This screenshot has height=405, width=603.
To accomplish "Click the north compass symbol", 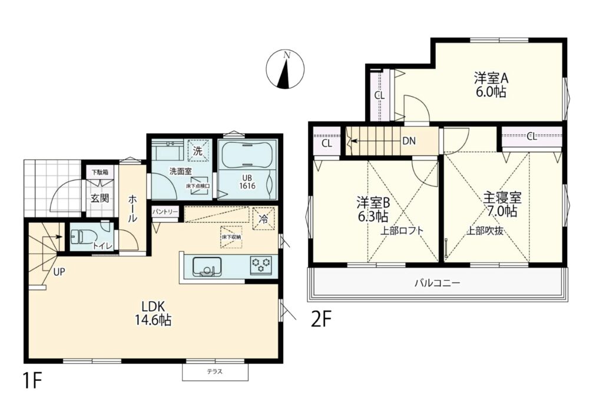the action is click(x=285, y=70).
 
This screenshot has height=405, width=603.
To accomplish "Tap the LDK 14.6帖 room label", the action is click(x=153, y=314).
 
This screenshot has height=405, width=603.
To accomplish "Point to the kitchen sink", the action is click(x=207, y=266).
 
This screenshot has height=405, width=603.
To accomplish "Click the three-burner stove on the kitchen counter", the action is click(x=261, y=265).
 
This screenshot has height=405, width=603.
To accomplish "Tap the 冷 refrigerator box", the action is click(x=264, y=219).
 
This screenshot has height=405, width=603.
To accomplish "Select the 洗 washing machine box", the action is click(x=198, y=151).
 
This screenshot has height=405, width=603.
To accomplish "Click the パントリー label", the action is click(x=165, y=212).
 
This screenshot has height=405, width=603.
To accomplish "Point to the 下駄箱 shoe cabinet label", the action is click(x=100, y=172).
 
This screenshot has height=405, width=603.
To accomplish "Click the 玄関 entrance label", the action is click(x=100, y=198).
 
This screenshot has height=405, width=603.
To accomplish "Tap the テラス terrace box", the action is click(x=215, y=372).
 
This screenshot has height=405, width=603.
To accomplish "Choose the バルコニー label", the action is click(x=438, y=284).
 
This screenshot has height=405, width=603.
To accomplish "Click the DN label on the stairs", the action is click(x=409, y=141).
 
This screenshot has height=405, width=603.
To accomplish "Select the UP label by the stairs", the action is click(x=59, y=272).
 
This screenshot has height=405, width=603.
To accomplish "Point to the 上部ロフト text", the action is click(x=402, y=231).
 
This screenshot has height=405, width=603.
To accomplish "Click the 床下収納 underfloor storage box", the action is click(x=231, y=237).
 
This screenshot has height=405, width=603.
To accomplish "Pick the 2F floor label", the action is click(x=321, y=320).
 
